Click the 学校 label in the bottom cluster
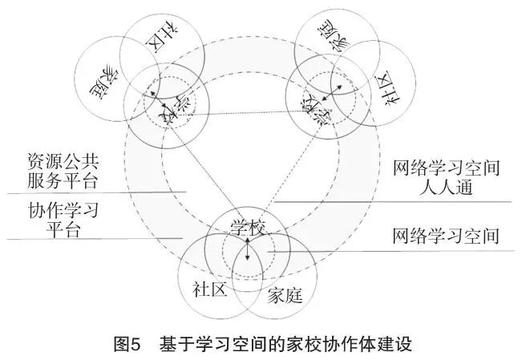pos(247,228)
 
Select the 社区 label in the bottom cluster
pos(210,289)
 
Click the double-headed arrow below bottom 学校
pos(247,249)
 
